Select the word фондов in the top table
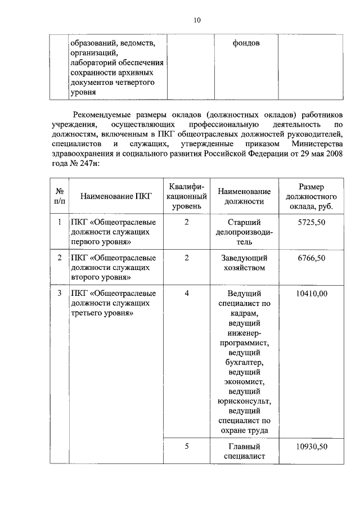[246, 43]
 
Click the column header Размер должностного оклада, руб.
[311, 196]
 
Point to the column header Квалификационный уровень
[186, 196]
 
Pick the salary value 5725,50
[311, 222]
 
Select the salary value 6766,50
[311, 258]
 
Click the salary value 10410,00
[311, 293]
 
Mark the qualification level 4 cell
[186, 293]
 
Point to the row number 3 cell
[60, 293]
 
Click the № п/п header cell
[60, 196]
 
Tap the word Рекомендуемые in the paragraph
[103, 113]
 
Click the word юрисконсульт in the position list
[244, 401]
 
